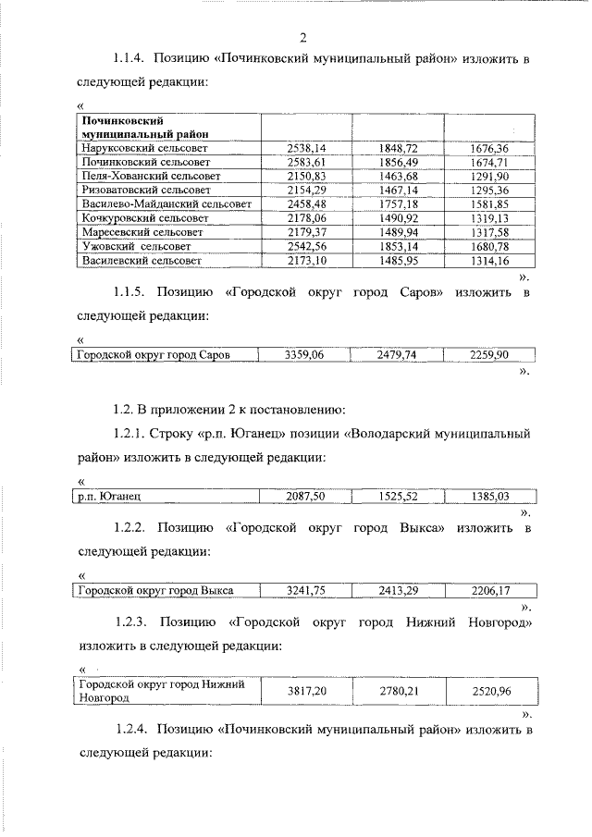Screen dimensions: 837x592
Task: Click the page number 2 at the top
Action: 302,37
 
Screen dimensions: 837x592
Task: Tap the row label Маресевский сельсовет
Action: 141,232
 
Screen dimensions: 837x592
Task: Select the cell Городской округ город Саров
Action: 153,354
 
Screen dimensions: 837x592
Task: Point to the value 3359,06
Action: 302,354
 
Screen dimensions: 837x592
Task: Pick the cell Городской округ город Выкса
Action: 154,590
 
